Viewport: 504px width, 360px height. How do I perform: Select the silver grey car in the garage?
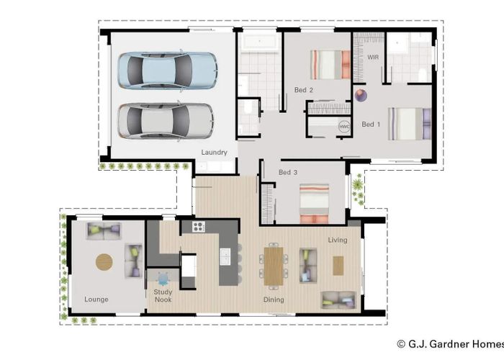coord(166,119)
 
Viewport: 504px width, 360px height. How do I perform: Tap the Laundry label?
coord(215,152)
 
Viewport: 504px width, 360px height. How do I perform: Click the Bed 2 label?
coord(304,90)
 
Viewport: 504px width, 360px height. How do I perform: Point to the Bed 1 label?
coord(371,124)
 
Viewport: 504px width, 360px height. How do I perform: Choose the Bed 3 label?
coord(288,172)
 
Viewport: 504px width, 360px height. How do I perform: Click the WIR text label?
coord(373,56)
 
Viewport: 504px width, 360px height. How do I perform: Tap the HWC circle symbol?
coord(344,127)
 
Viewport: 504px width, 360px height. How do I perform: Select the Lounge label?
coord(96,299)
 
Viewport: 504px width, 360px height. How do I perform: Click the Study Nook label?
coord(163,296)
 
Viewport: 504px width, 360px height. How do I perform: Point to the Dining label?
coord(273,300)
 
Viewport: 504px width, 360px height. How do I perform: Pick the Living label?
coord(337,240)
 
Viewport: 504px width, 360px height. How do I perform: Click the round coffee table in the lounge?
coord(105,262)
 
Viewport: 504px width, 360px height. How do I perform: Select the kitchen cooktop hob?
coord(199,227)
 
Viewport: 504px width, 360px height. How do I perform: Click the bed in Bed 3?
coord(315,203)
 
